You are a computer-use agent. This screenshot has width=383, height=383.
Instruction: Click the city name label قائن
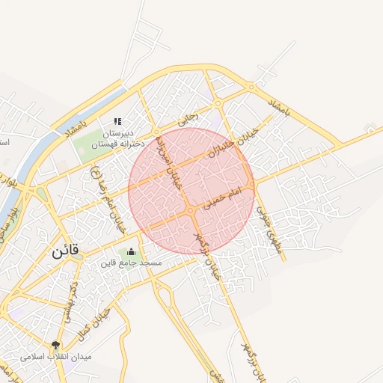pos(66,252)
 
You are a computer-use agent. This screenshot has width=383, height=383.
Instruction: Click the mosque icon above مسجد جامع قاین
pos(132,251)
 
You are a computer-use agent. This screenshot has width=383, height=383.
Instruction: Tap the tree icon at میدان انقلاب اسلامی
pos(55,345)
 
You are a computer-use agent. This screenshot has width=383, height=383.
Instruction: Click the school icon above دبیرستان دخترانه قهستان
pos(117,121)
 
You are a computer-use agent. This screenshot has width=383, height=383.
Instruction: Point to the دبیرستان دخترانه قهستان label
pos(117,138)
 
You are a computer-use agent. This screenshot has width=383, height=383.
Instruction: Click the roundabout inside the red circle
pos(191,212)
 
